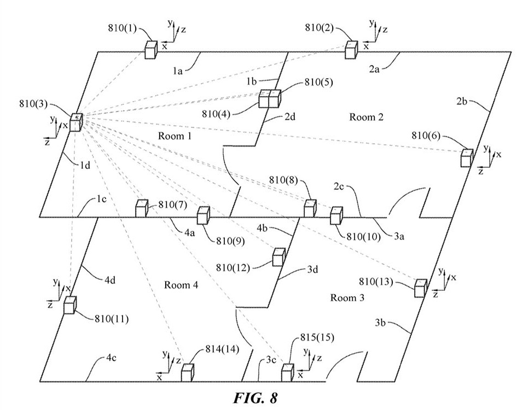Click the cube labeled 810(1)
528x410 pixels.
click(x=150, y=49)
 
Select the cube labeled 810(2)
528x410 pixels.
click(x=352, y=49)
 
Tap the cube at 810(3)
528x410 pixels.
click(x=76, y=121)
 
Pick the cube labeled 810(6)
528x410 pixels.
click(x=466, y=157)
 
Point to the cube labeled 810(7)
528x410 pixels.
click(x=142, y=208)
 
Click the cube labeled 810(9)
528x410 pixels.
click(x=203, y=215)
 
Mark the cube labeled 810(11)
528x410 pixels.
click(x=69, y=304)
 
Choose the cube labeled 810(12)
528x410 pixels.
click(x=279, y=257)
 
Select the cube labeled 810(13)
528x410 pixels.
click(x=420, y=288)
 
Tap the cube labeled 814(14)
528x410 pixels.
click(x=188, y=372)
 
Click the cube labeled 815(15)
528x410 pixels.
click(x=287, y=372)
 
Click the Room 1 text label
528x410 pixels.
click(x=175, y=135)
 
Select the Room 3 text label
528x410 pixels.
click(x=347, y=297)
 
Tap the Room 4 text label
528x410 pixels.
click(x=181, y=284)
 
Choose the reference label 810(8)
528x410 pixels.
click(x=283, y=179)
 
